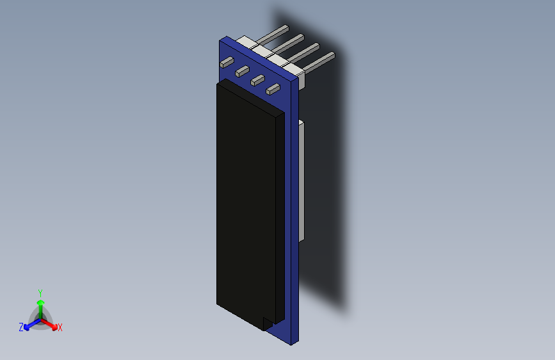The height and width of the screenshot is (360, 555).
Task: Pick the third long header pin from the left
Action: (x=305, y=50)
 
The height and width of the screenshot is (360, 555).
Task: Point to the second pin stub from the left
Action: (x=242, y=71)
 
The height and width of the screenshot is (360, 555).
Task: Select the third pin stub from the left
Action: (x=257, y=80)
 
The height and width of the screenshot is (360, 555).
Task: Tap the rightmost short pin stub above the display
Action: (x=273, y=89)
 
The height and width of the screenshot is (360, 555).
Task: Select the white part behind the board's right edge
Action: (x=302, y=179)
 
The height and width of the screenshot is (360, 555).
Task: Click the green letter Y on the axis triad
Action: (x=40, y=291)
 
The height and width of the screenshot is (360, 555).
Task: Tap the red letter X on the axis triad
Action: (x=60, y=327)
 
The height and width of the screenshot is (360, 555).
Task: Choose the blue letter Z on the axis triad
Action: (x=21, y=327)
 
